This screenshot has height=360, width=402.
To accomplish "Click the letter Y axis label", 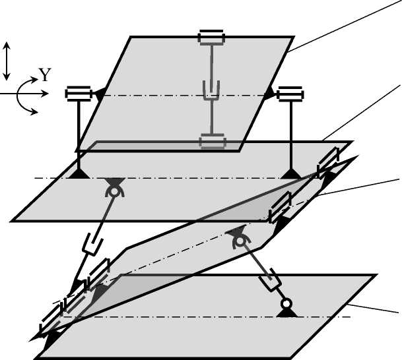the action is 44,76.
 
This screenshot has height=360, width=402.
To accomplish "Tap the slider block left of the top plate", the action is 77,94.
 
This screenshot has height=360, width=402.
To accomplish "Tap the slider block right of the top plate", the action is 288,94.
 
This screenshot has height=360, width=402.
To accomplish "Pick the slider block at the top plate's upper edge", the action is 213,37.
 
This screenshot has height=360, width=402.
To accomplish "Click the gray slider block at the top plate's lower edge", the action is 213,141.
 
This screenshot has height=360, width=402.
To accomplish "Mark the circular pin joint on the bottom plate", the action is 286,303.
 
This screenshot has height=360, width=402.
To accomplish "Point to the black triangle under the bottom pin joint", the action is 286,313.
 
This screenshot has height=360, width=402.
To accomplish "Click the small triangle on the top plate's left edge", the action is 100,94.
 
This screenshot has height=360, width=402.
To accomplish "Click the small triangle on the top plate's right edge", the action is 269,94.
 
